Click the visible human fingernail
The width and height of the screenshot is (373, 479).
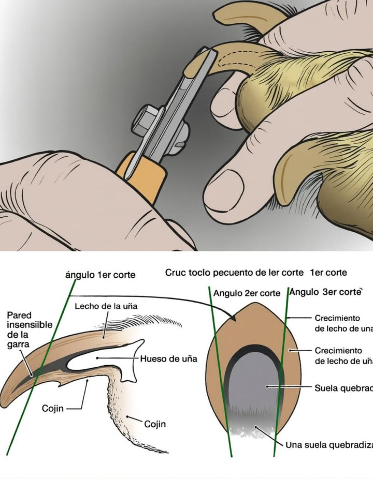pos(223,188)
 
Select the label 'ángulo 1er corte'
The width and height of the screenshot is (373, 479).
pos(101,275)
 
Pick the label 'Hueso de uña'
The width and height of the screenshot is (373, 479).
pos(168,358)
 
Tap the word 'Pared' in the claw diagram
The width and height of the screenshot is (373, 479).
pos(20,315)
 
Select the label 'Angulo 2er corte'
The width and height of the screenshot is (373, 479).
pos(247,293)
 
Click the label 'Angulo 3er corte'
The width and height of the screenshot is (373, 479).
pos(325,292)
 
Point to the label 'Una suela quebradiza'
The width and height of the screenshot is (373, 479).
pos(328,444)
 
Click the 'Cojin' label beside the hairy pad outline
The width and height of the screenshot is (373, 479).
pos(155,424)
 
